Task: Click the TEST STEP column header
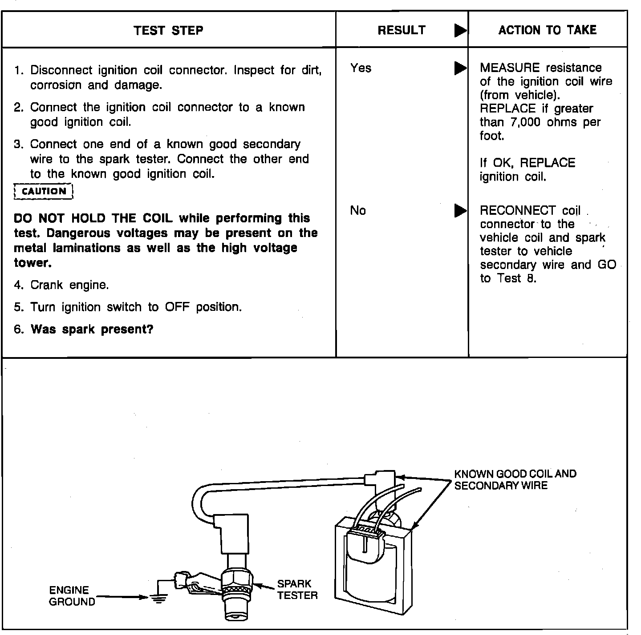[x=168, y=30]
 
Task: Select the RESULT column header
[x=402, y=30]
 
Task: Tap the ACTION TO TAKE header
[x=547, y=30]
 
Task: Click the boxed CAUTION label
[x=44, y=192]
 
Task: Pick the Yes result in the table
[x=361, y=68]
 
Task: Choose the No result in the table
[x=358, y=210]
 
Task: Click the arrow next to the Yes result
[x=460, y=68]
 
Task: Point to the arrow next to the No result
[x=460, y=211]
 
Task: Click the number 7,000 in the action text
[x=525, y=122]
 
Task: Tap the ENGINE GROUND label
[x=72, y=596]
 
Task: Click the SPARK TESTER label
[x=297, y=590]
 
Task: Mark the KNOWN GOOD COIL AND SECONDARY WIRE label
[x=515, y=480]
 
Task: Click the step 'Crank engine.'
[x=69, y=285]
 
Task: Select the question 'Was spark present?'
[x=92, y=330]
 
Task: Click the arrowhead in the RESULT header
[x=460, y=31]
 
